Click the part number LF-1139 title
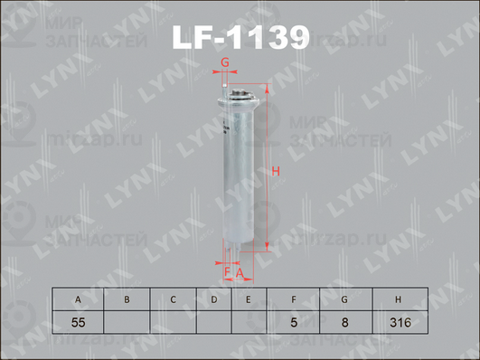[240, 37]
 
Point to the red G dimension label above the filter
[225, 62]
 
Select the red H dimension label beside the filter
[278, 173]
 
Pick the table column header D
[214, 299]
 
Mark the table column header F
[295, 299]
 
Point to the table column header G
[344, 299]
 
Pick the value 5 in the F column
[295, 321]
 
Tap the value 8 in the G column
[344, 321]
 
